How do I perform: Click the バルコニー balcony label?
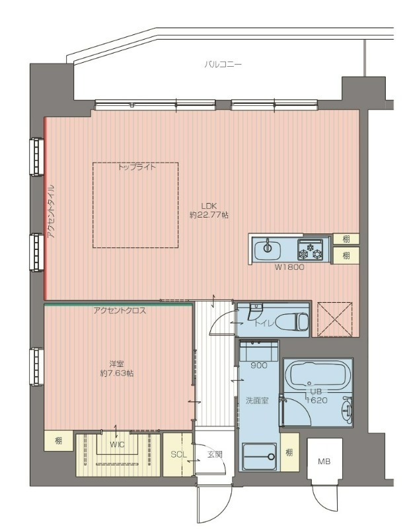[x=223, y=64]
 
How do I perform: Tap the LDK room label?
[x=209, y=206]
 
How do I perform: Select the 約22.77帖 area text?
[x=209, y=215]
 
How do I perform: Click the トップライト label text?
[x=137, y=167]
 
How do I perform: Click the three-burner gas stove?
[x=310, y=250]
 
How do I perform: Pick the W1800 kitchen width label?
[x=289, y=268]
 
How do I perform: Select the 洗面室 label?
[x=257, y=401]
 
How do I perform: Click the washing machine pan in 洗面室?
[x=259, y=457]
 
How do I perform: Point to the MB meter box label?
[x=324, y=461]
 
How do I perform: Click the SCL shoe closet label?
[x=178, y=454]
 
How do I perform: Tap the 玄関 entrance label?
[x=215, y=454]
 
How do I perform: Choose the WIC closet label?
[x=117, y=444]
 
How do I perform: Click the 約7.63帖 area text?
[x=117, y=374]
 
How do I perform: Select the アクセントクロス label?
[x=120, y=311]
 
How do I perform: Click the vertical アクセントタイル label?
[x=51, y=211]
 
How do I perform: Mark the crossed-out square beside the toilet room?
[x=335, y=319]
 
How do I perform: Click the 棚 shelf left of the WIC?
[x=58, y=440]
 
